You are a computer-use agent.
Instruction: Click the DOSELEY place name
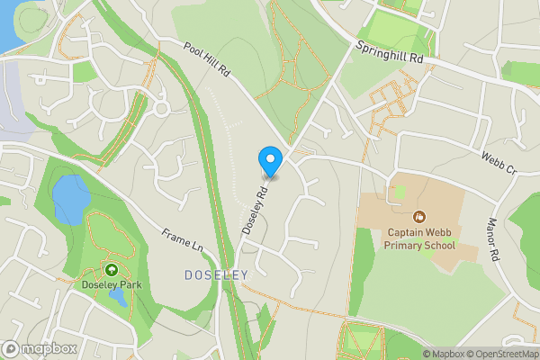tap(215, 275)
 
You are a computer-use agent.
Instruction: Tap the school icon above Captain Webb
tap(419, 216)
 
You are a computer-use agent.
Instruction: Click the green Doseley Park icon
tap(112, 269)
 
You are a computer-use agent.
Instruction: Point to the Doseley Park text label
tap(112, 285)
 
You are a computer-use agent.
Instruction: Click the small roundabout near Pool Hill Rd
tap(162, 109)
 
